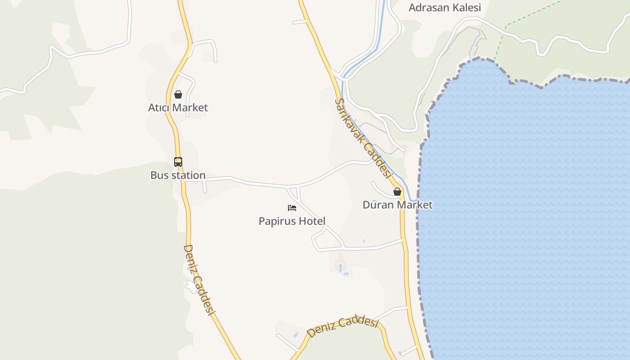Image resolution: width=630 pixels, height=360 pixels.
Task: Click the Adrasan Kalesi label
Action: pos(445,8)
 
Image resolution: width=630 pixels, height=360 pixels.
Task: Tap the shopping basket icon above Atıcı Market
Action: pos(178,94)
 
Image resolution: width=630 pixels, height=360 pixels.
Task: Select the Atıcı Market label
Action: pos(178,108)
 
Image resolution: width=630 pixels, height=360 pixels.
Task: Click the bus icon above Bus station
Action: pos(178,162)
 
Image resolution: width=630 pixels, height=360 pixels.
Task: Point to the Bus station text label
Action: pos(178,175)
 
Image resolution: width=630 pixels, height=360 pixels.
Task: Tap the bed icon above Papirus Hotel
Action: pos(292,208)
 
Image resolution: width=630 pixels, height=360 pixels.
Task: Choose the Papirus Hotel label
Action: pos(292,221)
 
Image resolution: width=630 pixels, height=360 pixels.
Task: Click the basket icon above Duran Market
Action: pos(397,192)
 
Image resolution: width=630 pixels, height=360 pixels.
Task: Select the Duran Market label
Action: pos(397,205)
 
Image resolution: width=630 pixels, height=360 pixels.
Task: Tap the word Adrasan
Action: pos(427,8)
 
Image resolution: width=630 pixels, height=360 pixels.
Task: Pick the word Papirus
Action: pos(276,221)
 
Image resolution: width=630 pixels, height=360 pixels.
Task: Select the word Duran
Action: pos(377,205)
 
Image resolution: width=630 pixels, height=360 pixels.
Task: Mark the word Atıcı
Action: pos(159,108)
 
